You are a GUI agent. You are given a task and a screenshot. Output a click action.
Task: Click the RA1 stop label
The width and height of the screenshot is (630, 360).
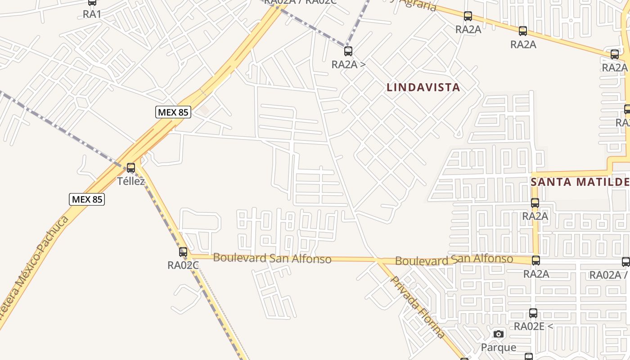tap(92, 14)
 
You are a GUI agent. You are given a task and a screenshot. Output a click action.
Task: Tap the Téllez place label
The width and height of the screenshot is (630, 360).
tap(131, 181)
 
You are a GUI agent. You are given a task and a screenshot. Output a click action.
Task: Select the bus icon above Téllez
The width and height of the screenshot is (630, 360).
tap(131, 168)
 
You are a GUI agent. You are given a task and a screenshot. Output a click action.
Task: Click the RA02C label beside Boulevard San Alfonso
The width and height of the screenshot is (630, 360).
tap(183, 265)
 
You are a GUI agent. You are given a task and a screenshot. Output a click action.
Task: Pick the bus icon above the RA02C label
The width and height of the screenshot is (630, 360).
tap(183, 252)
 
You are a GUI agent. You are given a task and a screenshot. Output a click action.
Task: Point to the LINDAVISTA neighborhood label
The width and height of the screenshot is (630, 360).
tap(423, 87)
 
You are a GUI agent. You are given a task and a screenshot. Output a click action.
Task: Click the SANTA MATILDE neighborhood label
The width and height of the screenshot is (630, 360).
tap(580, 182)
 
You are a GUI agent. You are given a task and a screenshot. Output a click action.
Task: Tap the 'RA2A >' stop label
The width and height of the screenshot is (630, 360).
tap(348, 64)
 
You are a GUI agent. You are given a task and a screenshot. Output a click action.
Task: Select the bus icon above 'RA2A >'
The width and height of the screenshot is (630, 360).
tap(348, 51)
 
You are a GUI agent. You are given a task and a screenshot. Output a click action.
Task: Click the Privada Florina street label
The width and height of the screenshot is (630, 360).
tap(418, 307)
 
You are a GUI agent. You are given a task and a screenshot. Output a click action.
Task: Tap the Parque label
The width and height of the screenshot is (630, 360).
tap(499, 347)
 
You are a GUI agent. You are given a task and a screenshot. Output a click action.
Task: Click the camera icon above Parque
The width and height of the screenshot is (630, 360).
tap(499, 334)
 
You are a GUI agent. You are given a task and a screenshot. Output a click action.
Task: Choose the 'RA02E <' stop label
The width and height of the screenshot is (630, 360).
tap(533, 326)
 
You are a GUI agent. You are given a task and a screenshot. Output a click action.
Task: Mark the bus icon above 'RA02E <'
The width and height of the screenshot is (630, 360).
tap(533, 313)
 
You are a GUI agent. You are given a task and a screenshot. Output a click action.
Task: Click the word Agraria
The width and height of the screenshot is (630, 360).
tap(419, 5)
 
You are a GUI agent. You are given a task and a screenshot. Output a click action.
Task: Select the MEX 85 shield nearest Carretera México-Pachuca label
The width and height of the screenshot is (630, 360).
tap(87, 199)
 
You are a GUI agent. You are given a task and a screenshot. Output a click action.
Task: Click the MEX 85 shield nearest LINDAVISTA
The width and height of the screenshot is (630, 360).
tap(173, 112)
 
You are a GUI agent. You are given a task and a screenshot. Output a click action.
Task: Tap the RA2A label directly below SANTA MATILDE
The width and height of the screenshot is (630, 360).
tap(535, 216)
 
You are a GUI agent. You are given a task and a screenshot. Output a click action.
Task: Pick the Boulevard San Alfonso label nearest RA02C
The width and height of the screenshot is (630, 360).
tap(272, 258)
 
